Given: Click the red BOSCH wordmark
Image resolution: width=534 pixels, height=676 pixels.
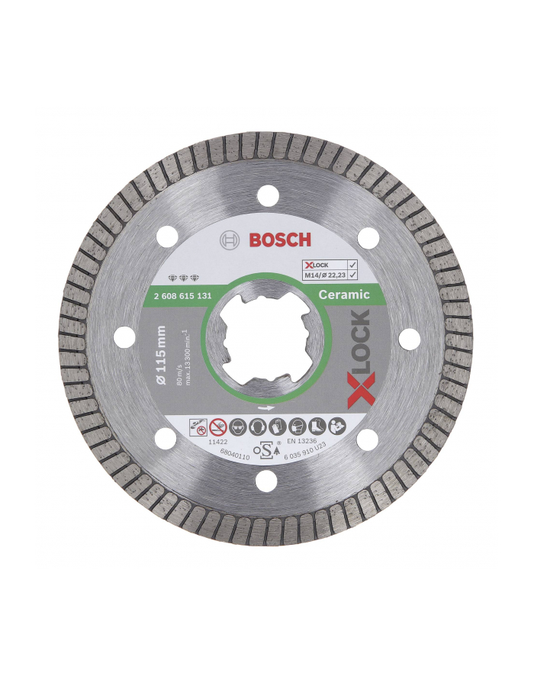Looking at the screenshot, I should [280, 240].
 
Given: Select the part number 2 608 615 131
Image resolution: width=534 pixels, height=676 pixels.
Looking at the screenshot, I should [194, 293].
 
